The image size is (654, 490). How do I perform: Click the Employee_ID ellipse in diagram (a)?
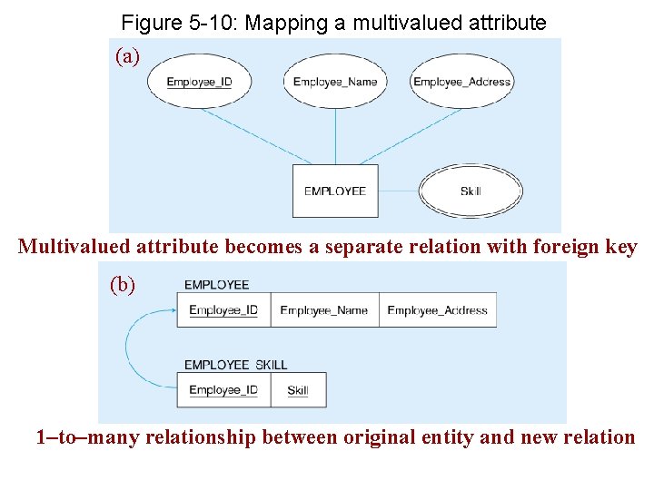200,82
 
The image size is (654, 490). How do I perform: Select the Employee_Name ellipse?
335,82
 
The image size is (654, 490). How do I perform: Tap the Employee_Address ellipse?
462,82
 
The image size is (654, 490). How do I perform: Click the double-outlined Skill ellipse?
471,191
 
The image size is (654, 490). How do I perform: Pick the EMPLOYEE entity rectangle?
335,191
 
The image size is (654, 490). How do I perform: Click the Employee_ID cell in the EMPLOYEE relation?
223,310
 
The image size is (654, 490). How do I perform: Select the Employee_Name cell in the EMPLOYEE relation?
324,310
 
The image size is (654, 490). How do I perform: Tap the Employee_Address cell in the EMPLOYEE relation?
437,310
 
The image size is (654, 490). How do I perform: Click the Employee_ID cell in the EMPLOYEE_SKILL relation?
223,390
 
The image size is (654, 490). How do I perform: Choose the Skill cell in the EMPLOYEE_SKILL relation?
298,390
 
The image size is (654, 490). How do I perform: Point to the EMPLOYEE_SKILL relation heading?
235,365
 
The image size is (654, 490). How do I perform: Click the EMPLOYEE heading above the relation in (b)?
216,285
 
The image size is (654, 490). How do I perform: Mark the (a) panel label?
128,57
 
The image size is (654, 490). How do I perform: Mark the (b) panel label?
123,284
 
